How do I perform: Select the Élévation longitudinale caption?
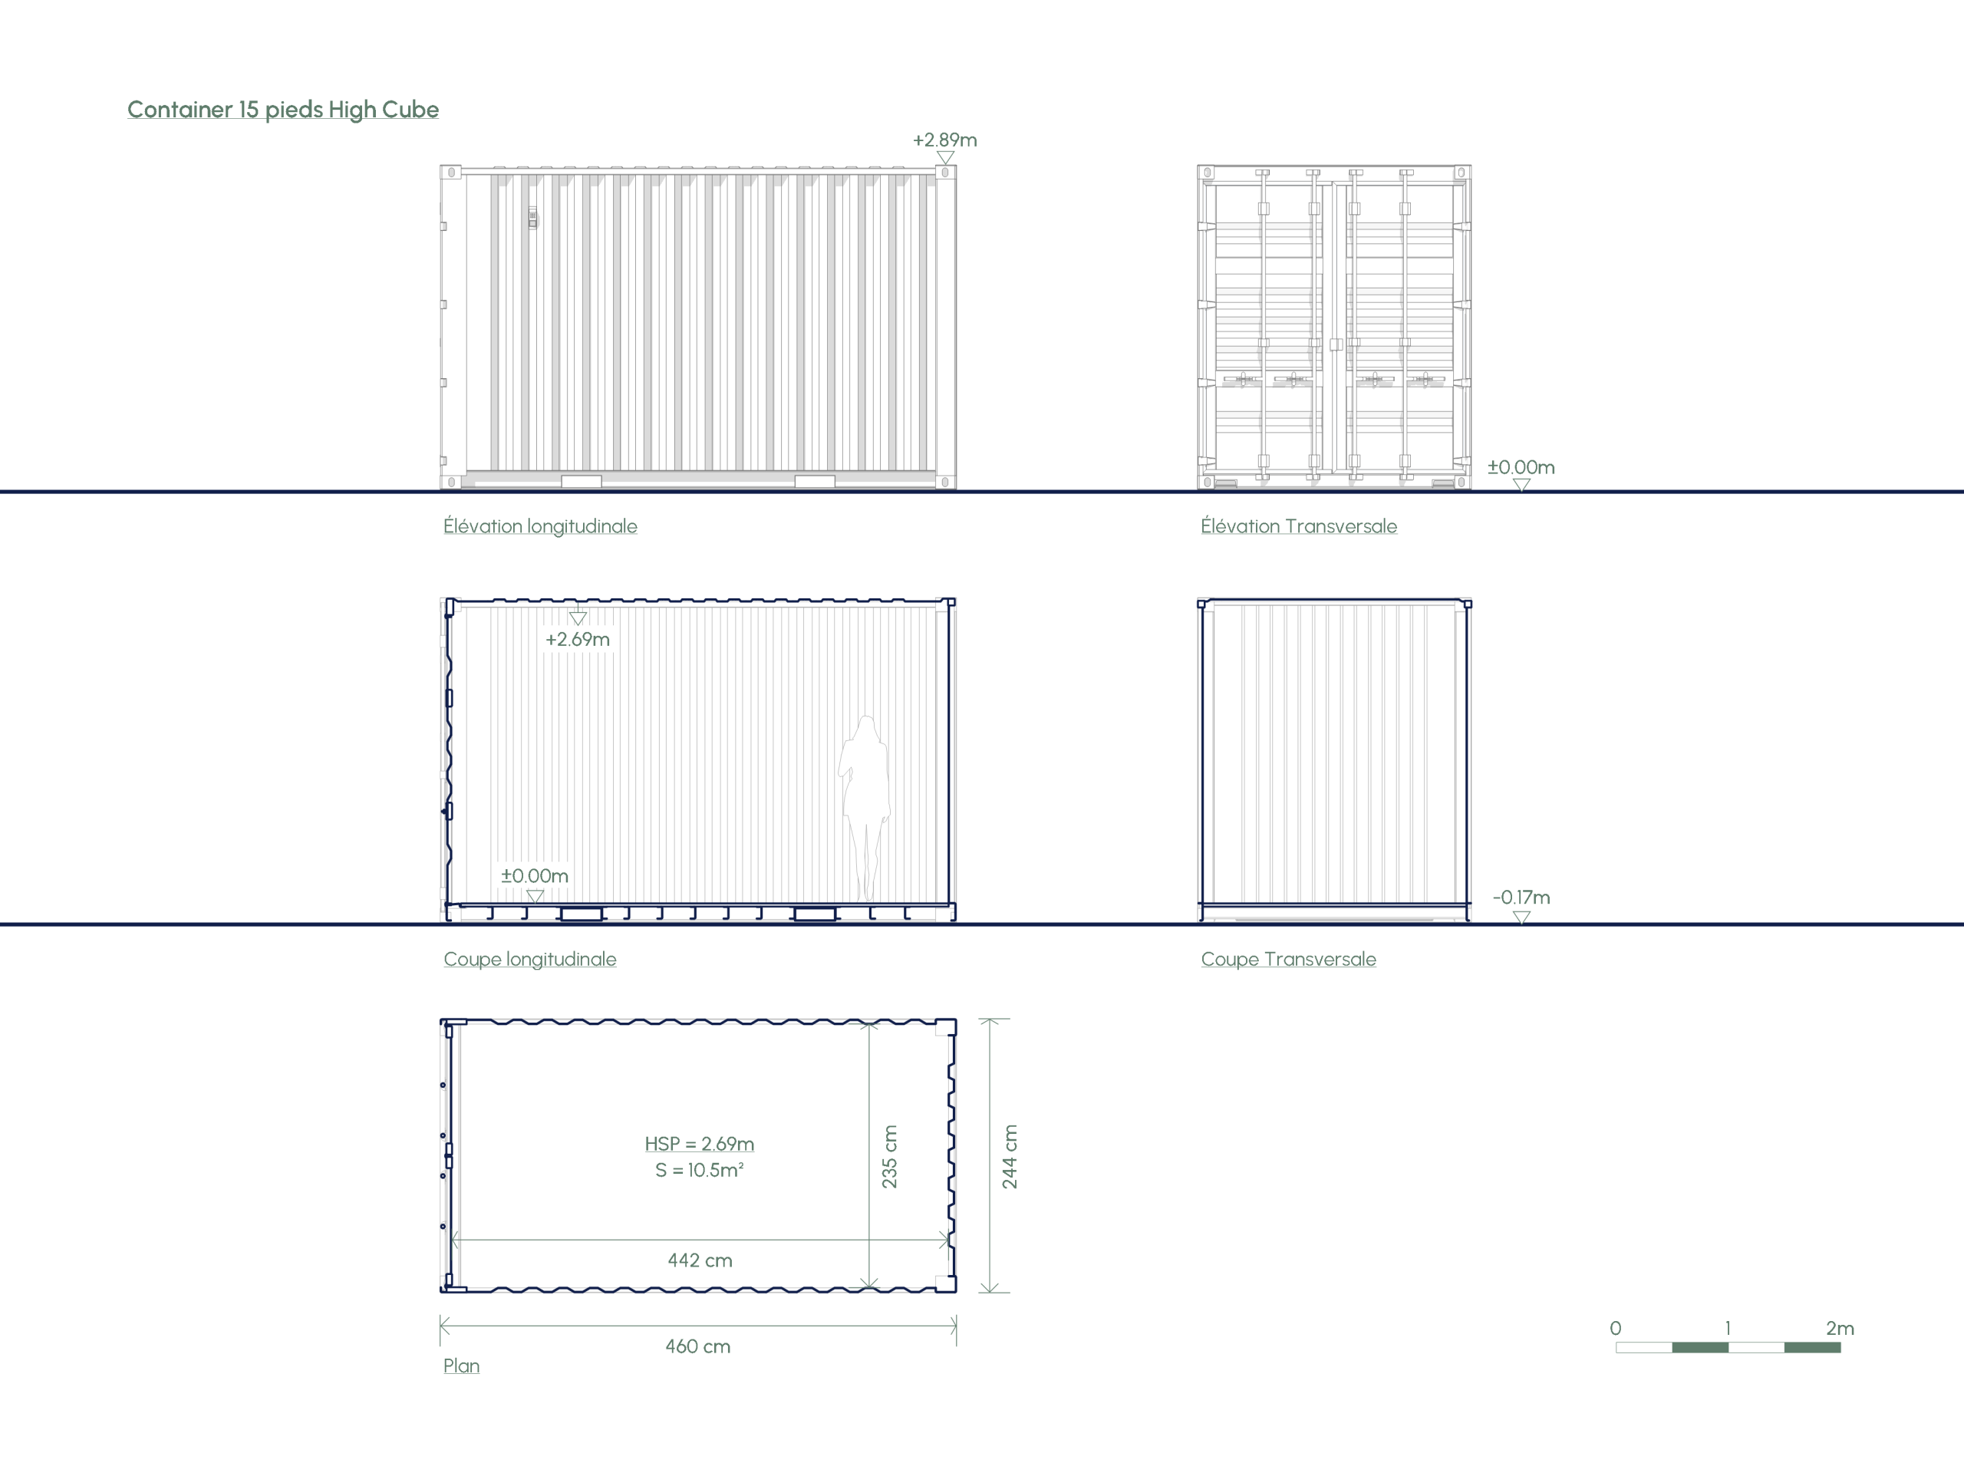pyautogui.click(x=540, y=526)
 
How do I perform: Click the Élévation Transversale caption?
pyautogui.click(x=1299, y=526)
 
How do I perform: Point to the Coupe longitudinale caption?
pyautogui.click(x=530, y=960)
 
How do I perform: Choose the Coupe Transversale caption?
pyautogui.click(x=1288, y=960)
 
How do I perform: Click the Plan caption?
pyautogui.click(x=462, y=1366)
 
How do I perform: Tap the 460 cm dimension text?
pyautogui.click(x=698, y=1346)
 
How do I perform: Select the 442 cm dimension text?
pyautogui.click(x=700, y=1260)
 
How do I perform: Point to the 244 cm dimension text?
pyautogui.click(x=1010, y=1157)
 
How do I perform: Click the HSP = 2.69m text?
pyautogui.click(x=700, y=1144)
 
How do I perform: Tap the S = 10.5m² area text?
pyautogui.click(x=700, y=1171)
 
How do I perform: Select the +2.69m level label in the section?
pyautogui.click(x=577, y=640)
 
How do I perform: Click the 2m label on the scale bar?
pyautogui.click(x=1840, y=1329)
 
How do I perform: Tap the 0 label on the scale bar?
pyautogui.click(x=1616, y=1329)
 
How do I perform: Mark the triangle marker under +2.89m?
pyautogui.click(x=946, y=157)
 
